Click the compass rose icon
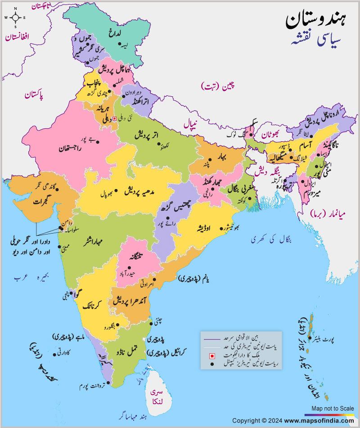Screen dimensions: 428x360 click(15, 17)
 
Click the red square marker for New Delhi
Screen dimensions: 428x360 click(114, 118)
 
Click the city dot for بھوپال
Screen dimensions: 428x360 click(116, 191)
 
